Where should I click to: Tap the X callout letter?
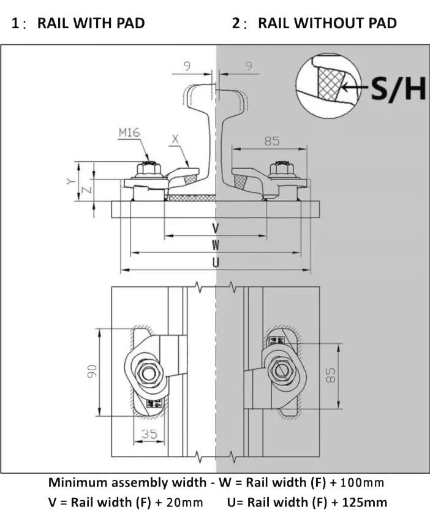coord(176,139)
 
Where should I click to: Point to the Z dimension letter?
coord(87,189)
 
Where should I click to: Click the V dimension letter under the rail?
coord(216,228)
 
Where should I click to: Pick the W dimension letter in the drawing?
coord(216,245)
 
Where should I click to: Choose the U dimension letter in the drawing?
coord(216,262)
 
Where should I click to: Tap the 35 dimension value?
coord(149,434)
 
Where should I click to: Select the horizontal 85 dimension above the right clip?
coord(272,140)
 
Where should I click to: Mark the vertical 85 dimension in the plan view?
coord(331,375)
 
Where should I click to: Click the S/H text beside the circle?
coord(398,89)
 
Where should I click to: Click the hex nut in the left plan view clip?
coord(149,372)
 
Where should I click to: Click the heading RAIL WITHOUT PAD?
coord(326,23)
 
